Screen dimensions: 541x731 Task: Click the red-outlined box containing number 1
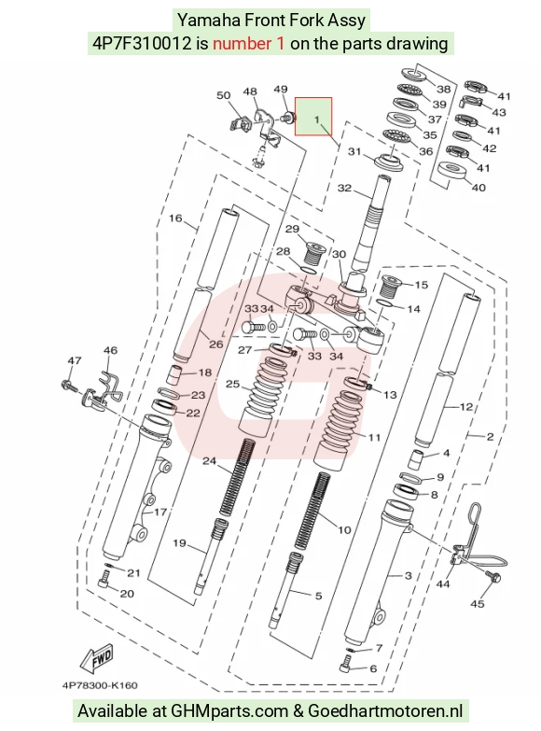[x=313, y=117]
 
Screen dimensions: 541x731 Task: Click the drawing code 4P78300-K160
[x=100, y=685]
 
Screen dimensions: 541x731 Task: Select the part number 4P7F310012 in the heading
[x=142, y=43]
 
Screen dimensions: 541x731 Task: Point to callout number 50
[x=224, y=95]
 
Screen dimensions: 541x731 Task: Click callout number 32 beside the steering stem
[x=344, y=188]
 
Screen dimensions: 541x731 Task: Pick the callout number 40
[x=479, y=188]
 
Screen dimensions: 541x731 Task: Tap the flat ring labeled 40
[x=451, y=171]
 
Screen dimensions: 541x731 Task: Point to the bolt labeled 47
[x=68, y=386]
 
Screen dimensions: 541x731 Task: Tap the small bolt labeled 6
[x=345, y=664]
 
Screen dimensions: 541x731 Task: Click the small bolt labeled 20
[x=104, y=581]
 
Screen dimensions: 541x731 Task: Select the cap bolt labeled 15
[x=391, y=286]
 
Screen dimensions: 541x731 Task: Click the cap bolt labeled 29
[x=312, y=252]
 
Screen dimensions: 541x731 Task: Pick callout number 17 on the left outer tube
[x=160, y=513]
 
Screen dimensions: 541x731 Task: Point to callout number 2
[x=490, y=437]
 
